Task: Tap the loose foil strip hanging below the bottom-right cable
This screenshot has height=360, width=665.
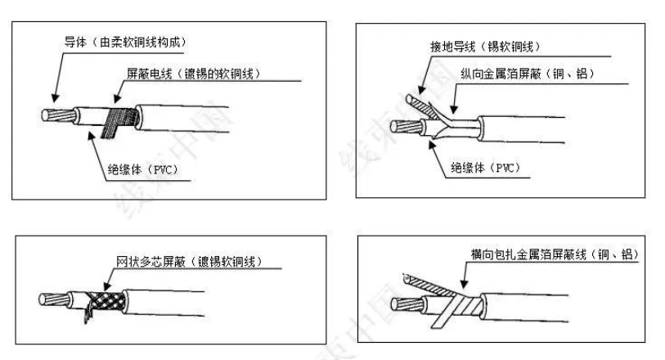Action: (442, 324)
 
